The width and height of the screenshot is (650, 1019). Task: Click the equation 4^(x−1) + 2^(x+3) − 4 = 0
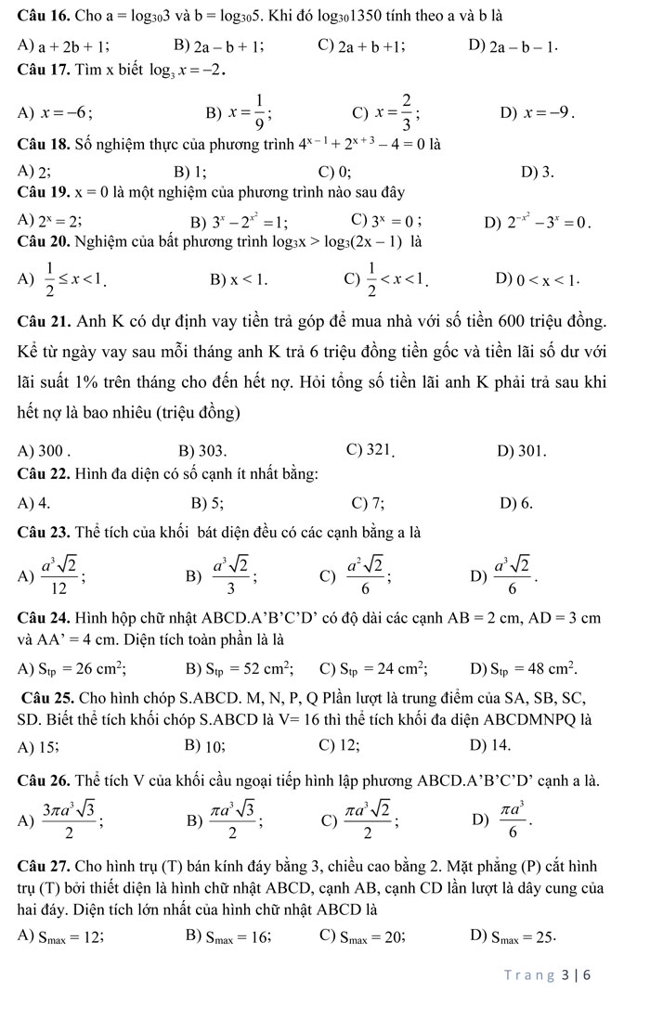(x=344, y=144)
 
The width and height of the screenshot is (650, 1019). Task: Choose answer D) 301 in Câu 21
(x=521, y=450)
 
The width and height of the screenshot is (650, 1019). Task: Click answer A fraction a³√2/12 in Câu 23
(x=58, y=575)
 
